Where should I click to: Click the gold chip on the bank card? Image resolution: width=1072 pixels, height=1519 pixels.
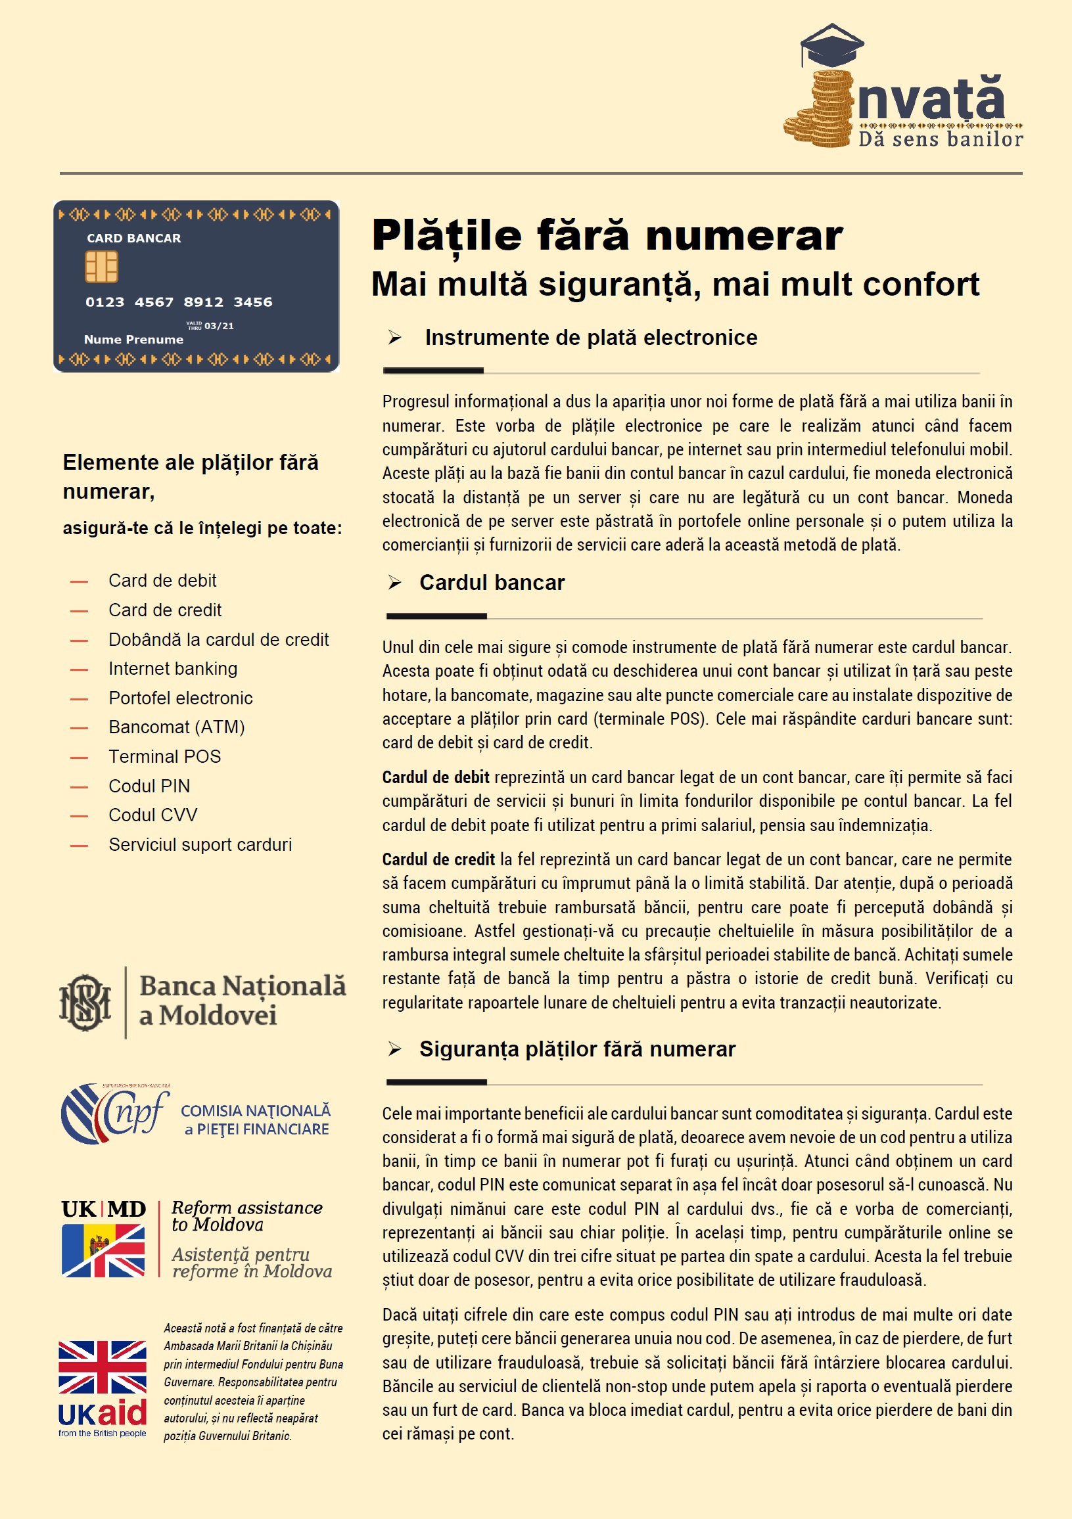click(x=101, y=267)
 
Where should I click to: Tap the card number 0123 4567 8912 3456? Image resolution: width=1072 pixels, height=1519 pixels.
click(x=179, y=302)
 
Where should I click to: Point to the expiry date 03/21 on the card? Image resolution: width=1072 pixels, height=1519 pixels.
click(x=219, y=326)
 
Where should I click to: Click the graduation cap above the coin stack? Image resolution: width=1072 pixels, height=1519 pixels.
click(x=832, y=44)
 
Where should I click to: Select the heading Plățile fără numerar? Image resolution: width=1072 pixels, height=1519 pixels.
click(x=607, y=235)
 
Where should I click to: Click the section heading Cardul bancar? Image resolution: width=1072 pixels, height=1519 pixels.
click(x=492, y=583)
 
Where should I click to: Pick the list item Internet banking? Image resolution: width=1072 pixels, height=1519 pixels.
click(x=173, y=669)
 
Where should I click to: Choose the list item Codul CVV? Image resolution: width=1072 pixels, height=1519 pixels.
click(x=153, y=815)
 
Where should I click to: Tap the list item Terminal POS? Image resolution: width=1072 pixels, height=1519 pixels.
click(x=165, y=757)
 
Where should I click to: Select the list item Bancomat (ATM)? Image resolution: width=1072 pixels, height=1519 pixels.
click(x=177, y=727)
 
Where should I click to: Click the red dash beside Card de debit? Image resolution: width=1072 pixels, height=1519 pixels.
click(x=80, y=581)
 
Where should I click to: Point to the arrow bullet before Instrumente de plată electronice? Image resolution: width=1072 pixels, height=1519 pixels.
click(x=395, y=338)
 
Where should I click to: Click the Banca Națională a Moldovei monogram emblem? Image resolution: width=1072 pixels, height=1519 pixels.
click(x=85, y=1003)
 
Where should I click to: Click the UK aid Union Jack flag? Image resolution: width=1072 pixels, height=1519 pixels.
click(x=103, y=1367)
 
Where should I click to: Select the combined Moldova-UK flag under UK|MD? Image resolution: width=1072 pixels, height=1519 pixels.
click(x=103, y=1250)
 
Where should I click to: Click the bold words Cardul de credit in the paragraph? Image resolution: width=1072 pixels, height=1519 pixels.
click(x=438, y=859)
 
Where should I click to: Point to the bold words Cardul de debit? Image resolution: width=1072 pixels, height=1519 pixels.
click(x=435, y=777)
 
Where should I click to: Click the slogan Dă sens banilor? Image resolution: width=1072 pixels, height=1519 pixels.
click(x=940, y=139)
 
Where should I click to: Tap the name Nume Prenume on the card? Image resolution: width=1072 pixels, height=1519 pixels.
click(x=133, y=340)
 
